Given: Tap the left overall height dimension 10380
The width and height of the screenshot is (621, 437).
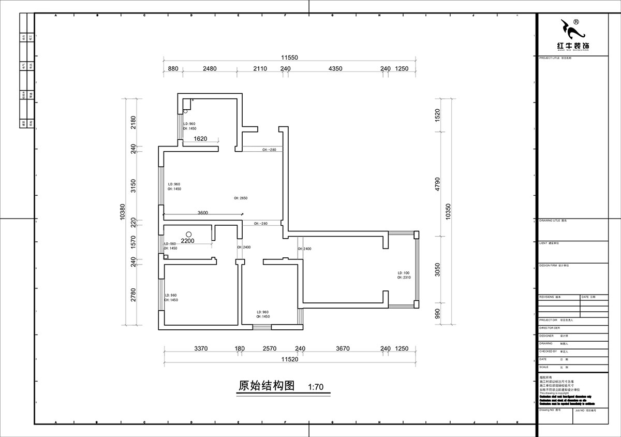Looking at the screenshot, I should [122, 212].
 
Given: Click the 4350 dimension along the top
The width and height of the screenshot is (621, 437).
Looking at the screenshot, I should [335, 69].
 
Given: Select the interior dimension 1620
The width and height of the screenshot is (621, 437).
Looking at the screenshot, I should [200, 139].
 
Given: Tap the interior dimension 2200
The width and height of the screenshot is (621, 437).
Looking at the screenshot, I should [187, 241].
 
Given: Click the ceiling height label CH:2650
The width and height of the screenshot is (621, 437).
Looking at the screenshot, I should [241, 198].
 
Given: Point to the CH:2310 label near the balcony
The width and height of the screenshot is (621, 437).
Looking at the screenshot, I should [404, 278].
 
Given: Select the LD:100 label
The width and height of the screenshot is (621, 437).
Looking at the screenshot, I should [403, 273].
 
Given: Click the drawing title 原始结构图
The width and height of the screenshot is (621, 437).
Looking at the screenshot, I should [266, 386].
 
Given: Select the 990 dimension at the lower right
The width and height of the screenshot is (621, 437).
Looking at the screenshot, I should [437, 314].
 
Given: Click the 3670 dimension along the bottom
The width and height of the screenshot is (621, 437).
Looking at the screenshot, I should [342, 349].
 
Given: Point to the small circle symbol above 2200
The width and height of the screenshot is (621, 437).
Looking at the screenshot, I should [189, 234].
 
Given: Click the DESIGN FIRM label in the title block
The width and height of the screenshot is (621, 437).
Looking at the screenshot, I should [549, 265].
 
